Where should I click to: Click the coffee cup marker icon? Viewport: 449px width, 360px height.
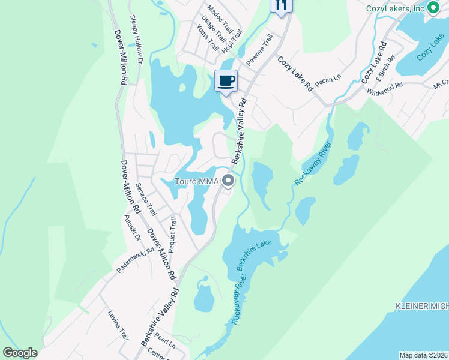pos(226,80)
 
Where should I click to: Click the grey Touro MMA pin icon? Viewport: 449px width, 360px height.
pos(228,181)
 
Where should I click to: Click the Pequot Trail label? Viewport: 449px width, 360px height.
pos(173,234)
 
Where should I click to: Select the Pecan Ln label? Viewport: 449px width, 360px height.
pos(328,80)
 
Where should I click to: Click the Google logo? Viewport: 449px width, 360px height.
pos(20,353)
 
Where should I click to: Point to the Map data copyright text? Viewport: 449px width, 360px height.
pos(424,355)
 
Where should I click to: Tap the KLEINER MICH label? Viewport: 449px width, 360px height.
pos(421,306)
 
